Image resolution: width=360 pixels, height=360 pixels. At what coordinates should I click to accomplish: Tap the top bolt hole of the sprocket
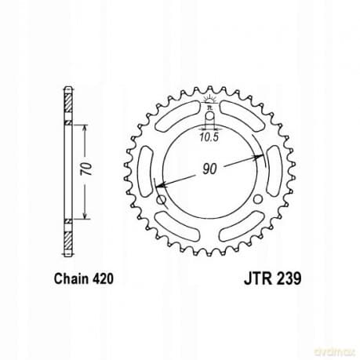[209, 119]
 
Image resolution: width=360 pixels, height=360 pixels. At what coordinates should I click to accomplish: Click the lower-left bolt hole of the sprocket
[162, 201]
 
